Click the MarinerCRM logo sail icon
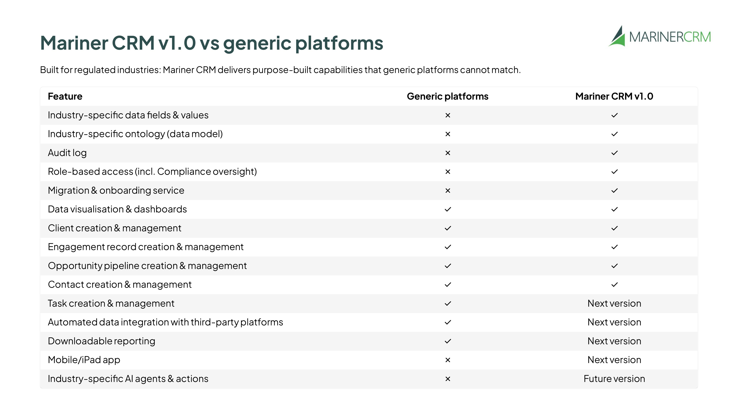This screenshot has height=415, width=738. point(617,37)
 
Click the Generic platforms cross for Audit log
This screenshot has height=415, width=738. point(448,153)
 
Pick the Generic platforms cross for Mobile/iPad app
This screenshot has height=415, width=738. point(448,360)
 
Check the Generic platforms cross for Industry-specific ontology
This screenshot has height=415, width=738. point(448,134)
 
